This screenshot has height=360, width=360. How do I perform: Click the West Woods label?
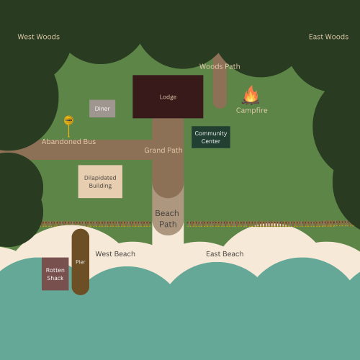pos(39,37)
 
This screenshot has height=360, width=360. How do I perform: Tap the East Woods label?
pos(328,37)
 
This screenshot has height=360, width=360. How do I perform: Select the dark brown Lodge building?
pos(168,96)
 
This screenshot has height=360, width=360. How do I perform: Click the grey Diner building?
pos(102,109)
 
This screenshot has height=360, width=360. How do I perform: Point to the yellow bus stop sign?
pos(68,126)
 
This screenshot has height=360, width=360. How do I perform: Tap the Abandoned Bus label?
pos(68,142)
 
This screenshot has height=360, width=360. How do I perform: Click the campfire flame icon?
pos(251,95)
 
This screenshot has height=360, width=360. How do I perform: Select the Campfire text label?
pos(251,110)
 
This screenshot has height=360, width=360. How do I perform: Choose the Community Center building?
pos(211,137)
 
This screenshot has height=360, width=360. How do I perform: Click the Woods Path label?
pos(220,66)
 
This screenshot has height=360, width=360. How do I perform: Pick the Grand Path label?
pos(163,150)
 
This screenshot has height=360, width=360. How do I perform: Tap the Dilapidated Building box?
pos(100,181)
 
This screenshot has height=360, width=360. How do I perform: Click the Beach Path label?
pos(167,219)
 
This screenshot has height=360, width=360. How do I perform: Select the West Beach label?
pos(115,254)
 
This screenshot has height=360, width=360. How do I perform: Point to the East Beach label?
pos(225,254)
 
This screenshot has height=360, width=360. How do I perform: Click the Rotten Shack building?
pos(55,274)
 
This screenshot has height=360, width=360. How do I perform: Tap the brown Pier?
pos(81,262)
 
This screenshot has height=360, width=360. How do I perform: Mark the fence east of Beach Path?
pos(270,224)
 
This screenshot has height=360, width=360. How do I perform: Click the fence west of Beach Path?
pos(96,224)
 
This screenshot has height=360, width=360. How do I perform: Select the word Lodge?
pos(168,97)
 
